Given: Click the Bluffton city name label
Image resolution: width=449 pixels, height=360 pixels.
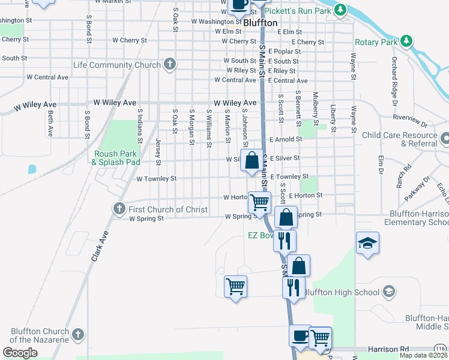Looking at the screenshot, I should click(261, 22).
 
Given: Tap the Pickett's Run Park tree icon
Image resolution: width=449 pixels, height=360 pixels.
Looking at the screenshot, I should click(341, 10).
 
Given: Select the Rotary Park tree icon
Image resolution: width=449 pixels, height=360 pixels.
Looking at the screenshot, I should click(407, 41).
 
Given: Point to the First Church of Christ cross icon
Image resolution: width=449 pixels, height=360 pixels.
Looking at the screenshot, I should click(119, 209).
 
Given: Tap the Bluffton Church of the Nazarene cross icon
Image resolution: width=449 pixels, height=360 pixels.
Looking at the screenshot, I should click(77, 334).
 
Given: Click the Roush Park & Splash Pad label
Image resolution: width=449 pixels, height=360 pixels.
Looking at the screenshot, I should click(116, 158).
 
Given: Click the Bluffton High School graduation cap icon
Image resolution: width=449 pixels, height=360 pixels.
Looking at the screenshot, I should click(388, 292).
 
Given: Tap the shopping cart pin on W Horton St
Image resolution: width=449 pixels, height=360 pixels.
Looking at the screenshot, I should click(259, 202).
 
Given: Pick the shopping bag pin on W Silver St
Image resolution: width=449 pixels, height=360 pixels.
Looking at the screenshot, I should click(252, 160).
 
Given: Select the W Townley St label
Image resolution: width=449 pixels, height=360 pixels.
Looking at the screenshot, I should click(157, 179).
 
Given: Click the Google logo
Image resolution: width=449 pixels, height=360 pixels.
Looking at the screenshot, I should click(20, 353).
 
